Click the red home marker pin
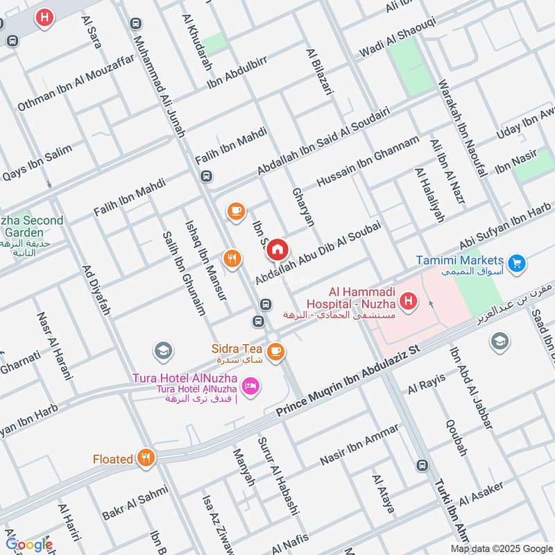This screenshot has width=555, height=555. click(x=277, y=249)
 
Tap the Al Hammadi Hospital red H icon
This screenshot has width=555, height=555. click(x=409, y=301)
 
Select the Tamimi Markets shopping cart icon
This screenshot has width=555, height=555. click(x=515, y=263)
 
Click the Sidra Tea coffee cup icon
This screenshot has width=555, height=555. click(x=275, y=352)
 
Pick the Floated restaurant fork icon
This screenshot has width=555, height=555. click(x=145, y=457)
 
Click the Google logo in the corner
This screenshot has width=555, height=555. click(x=29, y=544)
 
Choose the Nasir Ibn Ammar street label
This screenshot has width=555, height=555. click(x=359, y=444)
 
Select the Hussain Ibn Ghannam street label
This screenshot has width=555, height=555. click(x=368, y=161)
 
